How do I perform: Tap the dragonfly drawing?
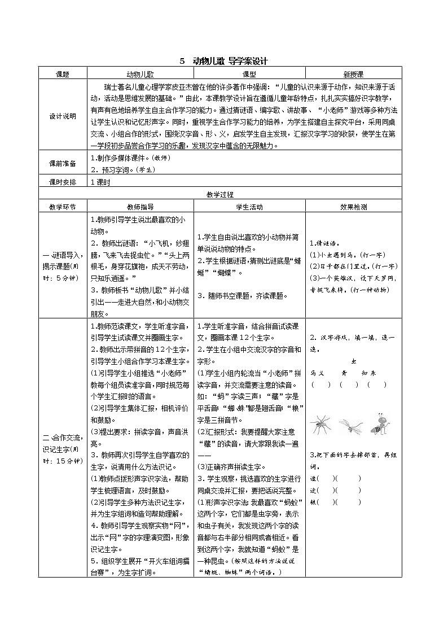click(x=350, y=425)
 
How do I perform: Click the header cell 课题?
click(x=63, y=74)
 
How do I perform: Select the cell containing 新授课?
click(x=353, y=74)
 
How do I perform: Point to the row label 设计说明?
click(x=63, y=116)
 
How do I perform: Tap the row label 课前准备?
click(x=63, y=163)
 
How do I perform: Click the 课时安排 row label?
click(x=63, y=182)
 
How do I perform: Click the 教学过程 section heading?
click(x=220, y=195)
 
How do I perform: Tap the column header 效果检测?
click(x=353, y=207)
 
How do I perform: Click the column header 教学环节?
click(x=63, y=207)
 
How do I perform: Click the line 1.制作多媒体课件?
click(x=130, y=158)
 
